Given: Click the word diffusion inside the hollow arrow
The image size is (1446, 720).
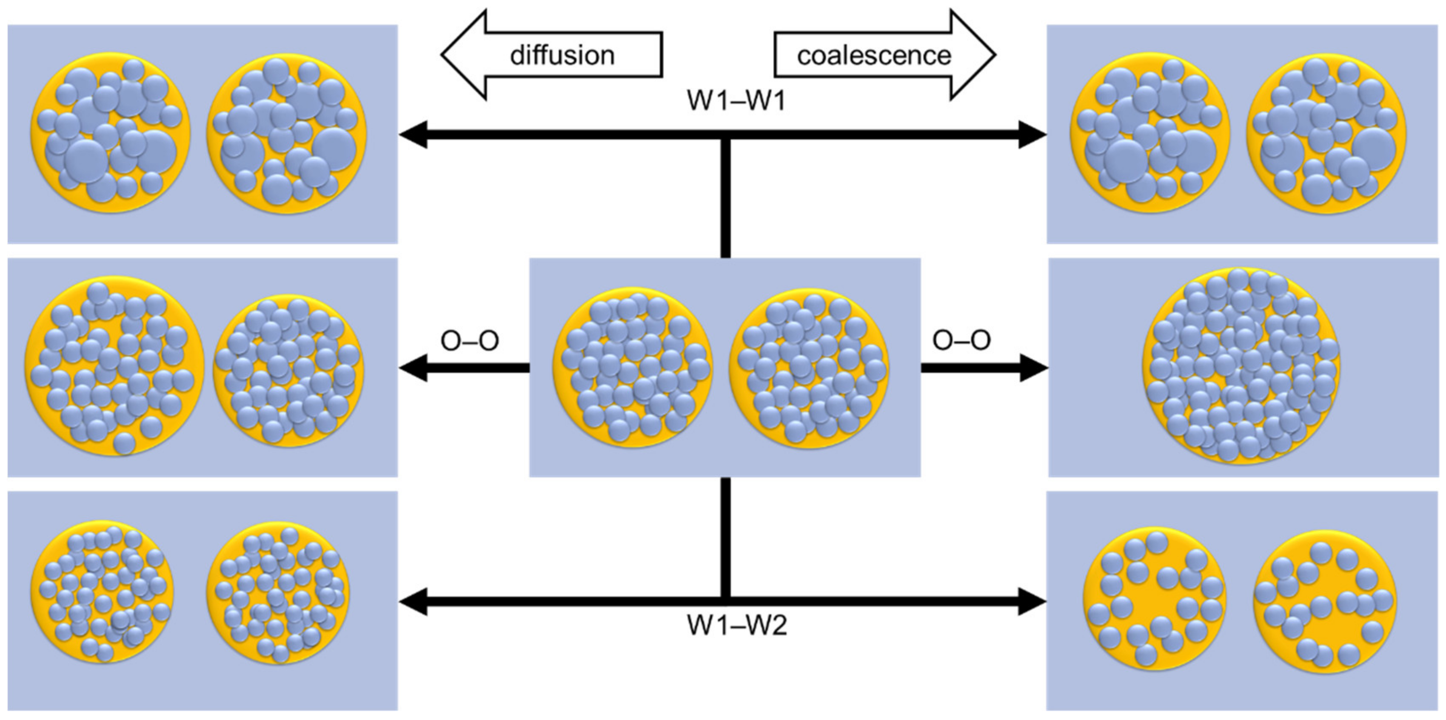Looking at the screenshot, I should pos(562,55).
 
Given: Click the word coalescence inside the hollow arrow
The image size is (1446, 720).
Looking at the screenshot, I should pos(874,55).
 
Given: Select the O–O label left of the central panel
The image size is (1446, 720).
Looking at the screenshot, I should pos(470,340).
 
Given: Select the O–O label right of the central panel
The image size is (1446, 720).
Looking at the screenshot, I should pos(961,340).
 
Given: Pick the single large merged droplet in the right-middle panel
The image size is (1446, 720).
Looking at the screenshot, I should pos(1241,366).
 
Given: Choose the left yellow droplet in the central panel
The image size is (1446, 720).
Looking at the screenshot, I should pos(633,367).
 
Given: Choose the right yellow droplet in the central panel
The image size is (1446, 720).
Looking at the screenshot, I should pos(809,367).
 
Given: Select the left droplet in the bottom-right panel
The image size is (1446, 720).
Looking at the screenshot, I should pos(1153,600).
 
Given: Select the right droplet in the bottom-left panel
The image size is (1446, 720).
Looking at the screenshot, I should pos(278,593).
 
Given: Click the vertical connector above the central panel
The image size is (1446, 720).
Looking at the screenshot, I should pos(725,197).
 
